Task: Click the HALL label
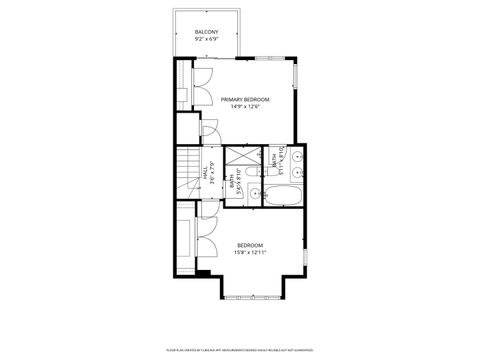point(205,172)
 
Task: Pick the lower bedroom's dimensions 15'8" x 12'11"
point(250,252)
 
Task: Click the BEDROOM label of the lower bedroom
point(250,245)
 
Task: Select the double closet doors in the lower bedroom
point(201,241)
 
